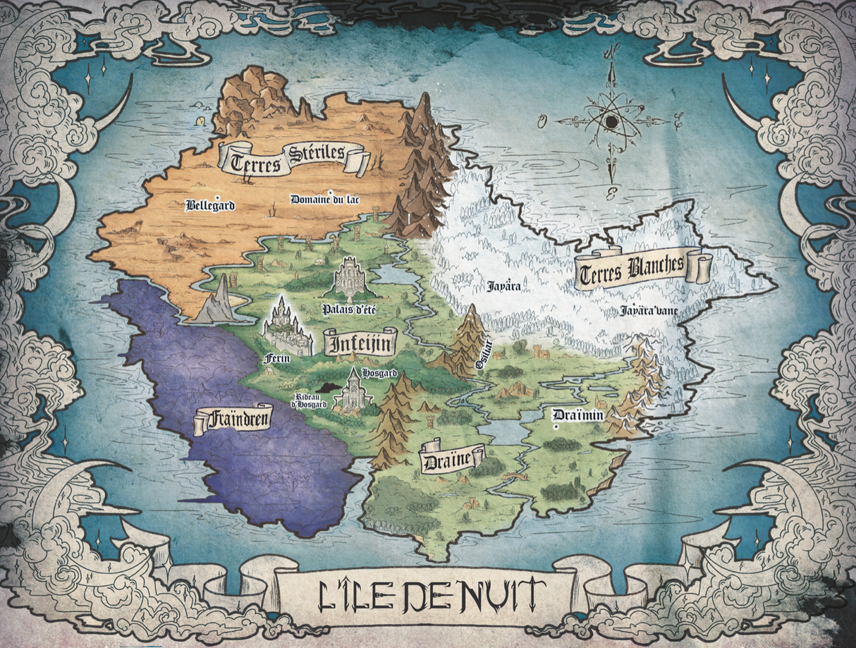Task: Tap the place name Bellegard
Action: tap(209, 206)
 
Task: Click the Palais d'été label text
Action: tap(348, 309)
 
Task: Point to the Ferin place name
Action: tap(276, 359)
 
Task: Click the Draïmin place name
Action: tap(578, 415)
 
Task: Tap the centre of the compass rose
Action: tap(611, 121)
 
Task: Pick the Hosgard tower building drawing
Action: tap(353, 390)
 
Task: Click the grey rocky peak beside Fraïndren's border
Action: tap(221, 301)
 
